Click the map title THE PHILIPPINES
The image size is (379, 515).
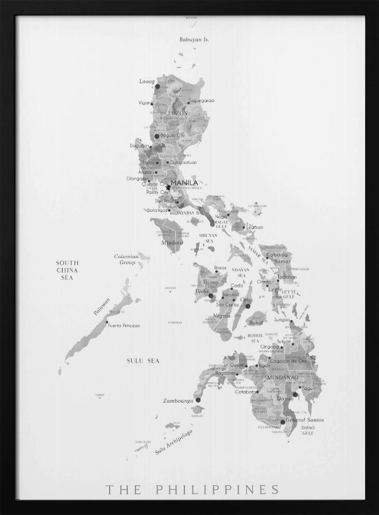tap(193, 489)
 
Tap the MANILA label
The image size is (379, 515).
tap(184, 183)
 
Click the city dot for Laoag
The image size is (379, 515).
tap(158, 87)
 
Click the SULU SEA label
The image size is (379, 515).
tap(143, 360)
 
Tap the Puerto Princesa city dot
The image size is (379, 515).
tap(107, 322)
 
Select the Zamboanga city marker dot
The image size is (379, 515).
tap(198, 400)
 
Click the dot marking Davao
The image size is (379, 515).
tap(295, 395)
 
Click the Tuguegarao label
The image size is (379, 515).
tap(202, 100)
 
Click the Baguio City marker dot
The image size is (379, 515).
tap(157, 136)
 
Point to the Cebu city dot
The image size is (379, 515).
tap(248, 306)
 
